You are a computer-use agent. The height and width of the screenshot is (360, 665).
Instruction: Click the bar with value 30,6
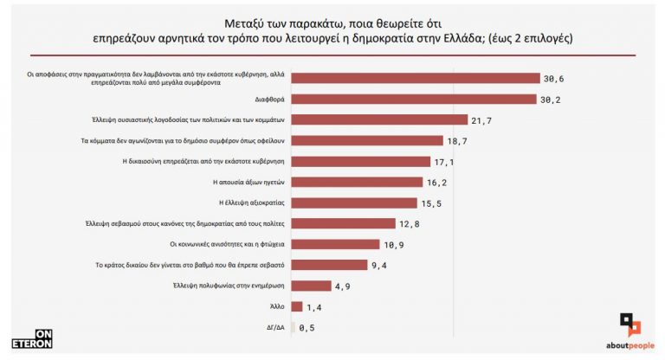click(x=416, y=78)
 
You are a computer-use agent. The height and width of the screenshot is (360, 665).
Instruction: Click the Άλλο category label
click(x=278, y=306)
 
